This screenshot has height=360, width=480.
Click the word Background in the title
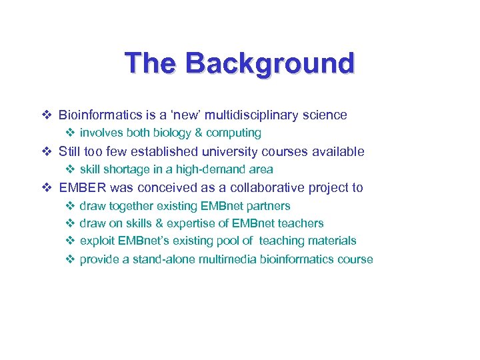270,63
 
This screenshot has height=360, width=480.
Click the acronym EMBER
83,187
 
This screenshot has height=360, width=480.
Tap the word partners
268,206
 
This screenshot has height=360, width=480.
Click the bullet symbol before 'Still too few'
47,151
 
